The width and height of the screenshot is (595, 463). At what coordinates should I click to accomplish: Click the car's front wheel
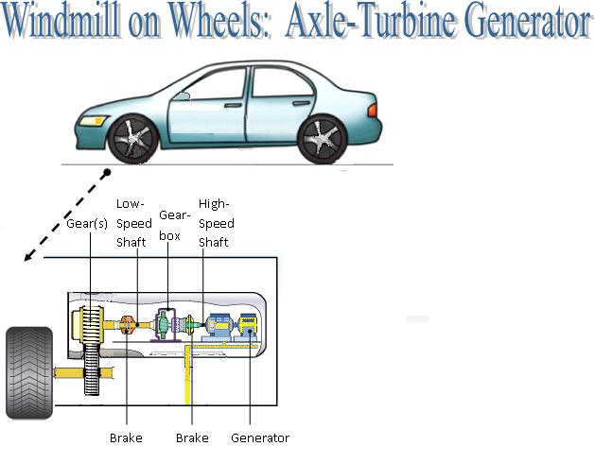click(132, 138)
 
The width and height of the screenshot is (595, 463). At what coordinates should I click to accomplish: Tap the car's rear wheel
click(322, 138)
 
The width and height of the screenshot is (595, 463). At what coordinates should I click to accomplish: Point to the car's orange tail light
click(373, 111)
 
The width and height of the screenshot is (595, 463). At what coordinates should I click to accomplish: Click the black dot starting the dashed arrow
click(108, 173)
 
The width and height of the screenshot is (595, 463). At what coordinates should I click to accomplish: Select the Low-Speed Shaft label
click(132, 223)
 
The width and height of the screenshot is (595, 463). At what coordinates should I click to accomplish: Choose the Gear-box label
click(170, 223)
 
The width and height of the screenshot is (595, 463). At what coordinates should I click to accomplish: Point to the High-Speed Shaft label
click(215, 223)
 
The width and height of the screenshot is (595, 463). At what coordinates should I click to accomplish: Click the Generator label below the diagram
click(259, 437)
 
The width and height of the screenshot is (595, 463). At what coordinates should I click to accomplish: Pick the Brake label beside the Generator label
click(192, 437)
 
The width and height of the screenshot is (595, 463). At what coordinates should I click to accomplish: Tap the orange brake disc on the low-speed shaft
click(130, 326)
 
